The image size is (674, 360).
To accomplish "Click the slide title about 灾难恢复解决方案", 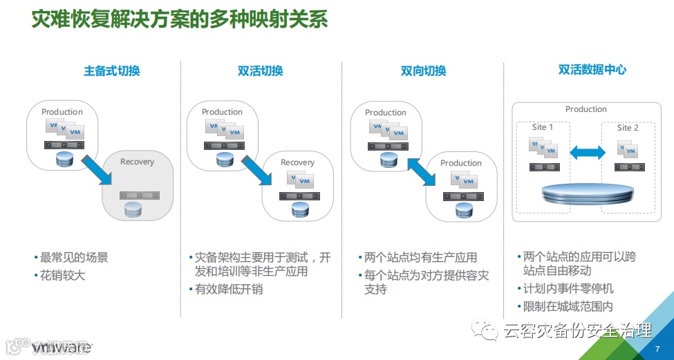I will [x=180, y=19].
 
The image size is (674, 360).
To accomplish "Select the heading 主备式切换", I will [x=112, y=70].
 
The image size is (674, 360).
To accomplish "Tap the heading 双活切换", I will [x=260, y=70].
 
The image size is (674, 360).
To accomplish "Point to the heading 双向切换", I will [x=423, y=70].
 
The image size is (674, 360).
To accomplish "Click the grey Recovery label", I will [x=137, y=162].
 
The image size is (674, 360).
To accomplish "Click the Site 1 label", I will [x=543, y=127].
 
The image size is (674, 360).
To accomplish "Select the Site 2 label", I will [x=628, y=127].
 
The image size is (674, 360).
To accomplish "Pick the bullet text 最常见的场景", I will [x=74, y=258].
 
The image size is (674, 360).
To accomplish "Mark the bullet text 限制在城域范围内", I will [x=568, y=306].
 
